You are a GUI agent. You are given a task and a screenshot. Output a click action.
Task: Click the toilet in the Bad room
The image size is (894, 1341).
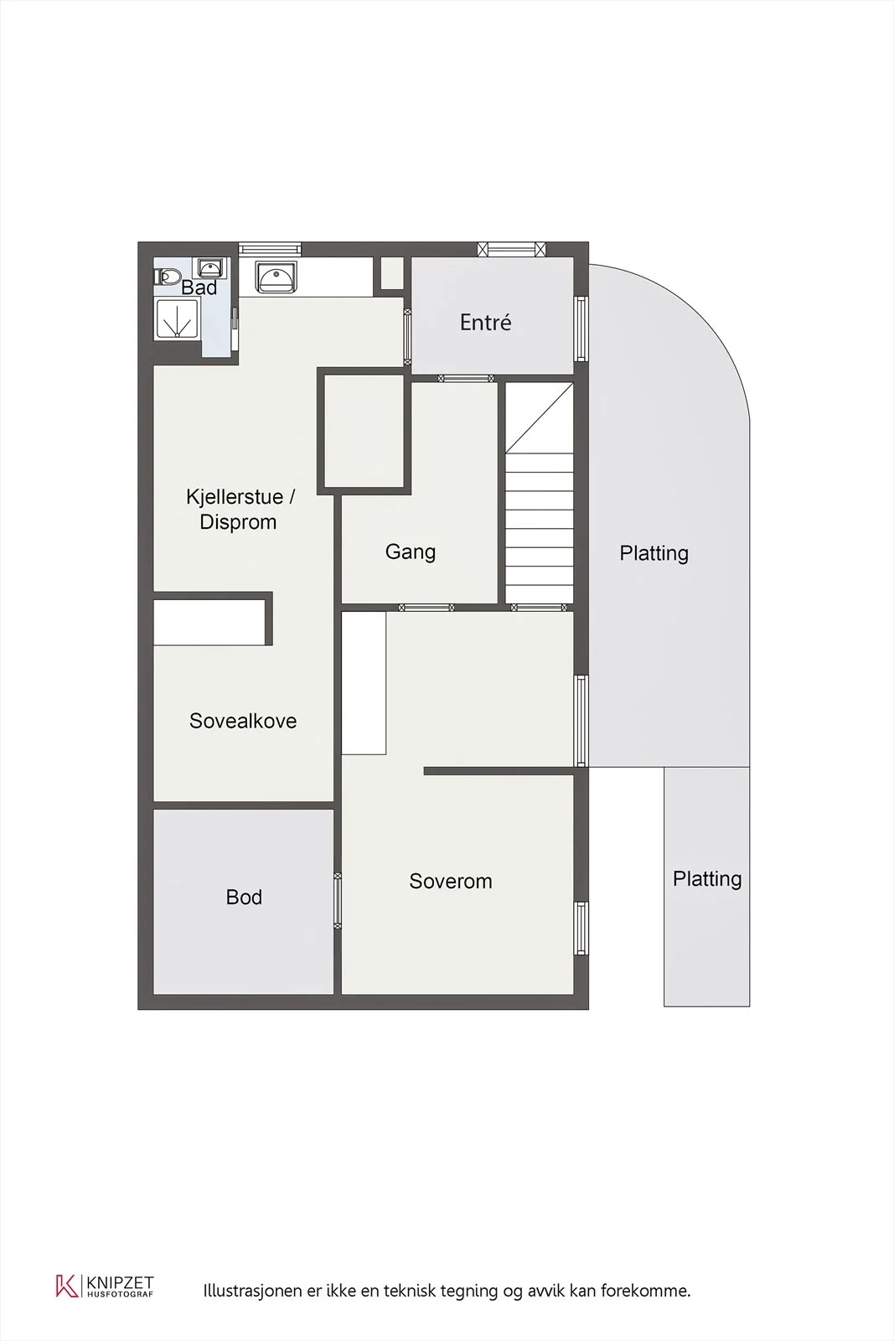(x=168, y=277)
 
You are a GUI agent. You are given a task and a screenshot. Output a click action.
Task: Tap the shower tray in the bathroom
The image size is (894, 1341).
(x=177, y=318)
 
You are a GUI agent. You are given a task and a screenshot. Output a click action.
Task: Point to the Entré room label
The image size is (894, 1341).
(x=485, y=323)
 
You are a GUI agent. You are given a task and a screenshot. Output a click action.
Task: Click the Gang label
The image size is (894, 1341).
(x=411, y=551)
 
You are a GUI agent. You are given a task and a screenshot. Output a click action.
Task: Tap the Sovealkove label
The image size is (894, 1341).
(x=243, y=721)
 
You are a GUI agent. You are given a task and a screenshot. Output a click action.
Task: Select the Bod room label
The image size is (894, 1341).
(x=244, y=897)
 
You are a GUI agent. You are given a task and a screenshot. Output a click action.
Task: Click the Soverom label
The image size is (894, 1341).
(x=451, y=881)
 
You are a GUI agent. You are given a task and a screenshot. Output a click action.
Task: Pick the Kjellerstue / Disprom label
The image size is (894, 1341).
(x=240, y=509)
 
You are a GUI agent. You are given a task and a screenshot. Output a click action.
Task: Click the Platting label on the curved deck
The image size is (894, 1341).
(x=654, y=553)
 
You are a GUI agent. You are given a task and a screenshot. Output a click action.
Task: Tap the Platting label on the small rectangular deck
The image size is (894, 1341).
(x=707, y=879)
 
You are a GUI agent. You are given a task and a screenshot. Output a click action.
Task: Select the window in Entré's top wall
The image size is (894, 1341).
(x=512, y=249)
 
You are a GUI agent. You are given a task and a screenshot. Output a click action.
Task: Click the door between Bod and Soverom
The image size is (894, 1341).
(x=338, y=901)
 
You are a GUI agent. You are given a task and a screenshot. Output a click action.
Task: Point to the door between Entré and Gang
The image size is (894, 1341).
(x=466, y=378)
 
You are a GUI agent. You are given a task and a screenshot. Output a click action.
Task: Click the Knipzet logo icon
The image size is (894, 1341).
(x=67, y=1286)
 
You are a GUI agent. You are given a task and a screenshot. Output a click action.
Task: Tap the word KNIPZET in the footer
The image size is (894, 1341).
(x=121, y=1282)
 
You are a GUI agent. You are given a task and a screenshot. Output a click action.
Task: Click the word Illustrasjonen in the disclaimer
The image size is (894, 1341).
(x=252, y=1290)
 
